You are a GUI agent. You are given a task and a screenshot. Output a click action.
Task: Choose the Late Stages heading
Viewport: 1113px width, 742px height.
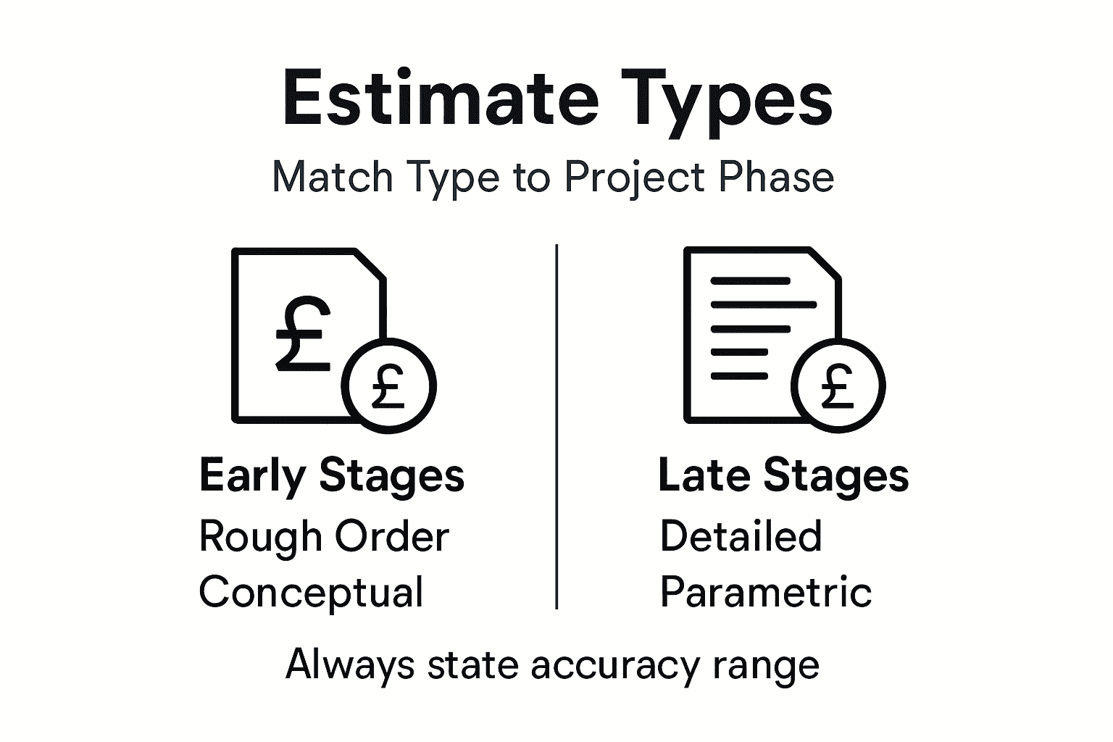pyautogui.click(x=783, y=476)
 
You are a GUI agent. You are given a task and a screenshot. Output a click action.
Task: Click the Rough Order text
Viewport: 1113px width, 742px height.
pyautogui.click(x=324, y=537)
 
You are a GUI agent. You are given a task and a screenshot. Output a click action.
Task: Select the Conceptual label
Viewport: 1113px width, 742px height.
pyautogui.click(x=311, y=592)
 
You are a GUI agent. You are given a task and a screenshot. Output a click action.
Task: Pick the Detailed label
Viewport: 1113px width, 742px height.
pyautogui.click(x=741, y=536)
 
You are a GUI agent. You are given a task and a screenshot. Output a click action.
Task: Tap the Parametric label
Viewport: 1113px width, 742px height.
pyautogui.click(x=765, y=592)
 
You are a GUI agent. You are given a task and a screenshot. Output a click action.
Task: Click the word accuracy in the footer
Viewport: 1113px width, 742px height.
pyautogui.click(x=615, y=664)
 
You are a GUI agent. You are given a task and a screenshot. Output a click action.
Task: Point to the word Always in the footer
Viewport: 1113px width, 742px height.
pyautogui.click(x=350, y=664)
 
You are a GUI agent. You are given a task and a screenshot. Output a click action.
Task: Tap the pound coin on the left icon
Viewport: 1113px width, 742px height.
pyautogui.click(x=388, y=385)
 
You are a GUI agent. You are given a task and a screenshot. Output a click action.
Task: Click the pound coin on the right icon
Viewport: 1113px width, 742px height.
pyautogui.click(x=838, y=385)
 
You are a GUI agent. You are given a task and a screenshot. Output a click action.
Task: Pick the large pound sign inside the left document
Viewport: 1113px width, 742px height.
pyautogui.click(x=303, y=333)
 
